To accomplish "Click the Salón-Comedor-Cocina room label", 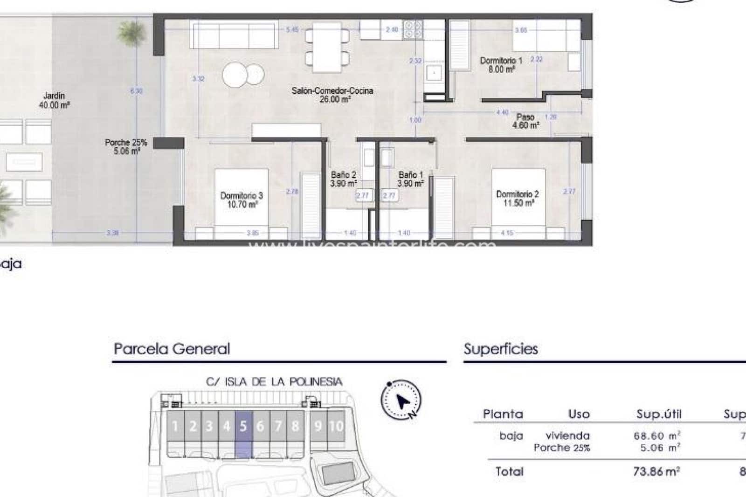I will tap(332, 95).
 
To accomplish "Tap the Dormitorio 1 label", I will tap(501, 64).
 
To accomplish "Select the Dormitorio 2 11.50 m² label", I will tap(518, 199).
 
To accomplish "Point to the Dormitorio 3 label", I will tap(241, 200).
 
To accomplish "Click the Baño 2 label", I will tap(344, 179).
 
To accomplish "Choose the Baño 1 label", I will tap(410, 179).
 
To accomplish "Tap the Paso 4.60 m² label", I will tap(525, 121).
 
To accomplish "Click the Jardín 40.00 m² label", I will tap(54, 100).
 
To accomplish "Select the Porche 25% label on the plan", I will tap(125, 146).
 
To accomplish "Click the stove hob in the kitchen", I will tap(413, 29).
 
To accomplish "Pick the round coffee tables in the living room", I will tap(242, 74).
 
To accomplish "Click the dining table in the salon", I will tap(327, 47).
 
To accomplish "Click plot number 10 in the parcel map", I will tap(336, 426).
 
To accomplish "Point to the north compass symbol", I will tap(401, 400).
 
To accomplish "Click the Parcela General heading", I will tap(172, 349).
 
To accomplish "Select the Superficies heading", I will tap(501, 349).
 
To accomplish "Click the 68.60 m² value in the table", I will tap(656, 435).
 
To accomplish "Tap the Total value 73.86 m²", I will tap(656, 471).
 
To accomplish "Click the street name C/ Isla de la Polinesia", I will tap(274, 382).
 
